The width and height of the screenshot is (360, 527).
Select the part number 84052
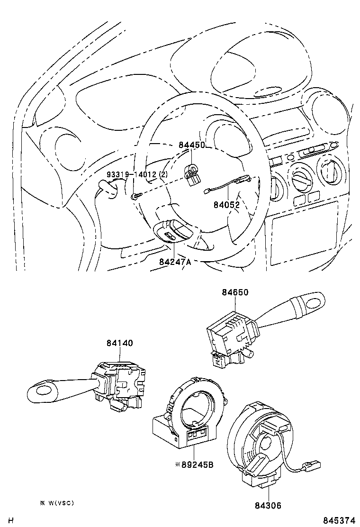coord(226,205)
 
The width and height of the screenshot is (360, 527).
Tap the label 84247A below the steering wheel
coord(175,262)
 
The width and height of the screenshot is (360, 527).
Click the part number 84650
coord(235,293)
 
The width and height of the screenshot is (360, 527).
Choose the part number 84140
coord(120,343)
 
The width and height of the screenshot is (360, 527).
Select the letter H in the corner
coord(10,520)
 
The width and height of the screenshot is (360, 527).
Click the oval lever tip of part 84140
coord(43,391)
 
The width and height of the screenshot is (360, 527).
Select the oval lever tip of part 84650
coord(313,302)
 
